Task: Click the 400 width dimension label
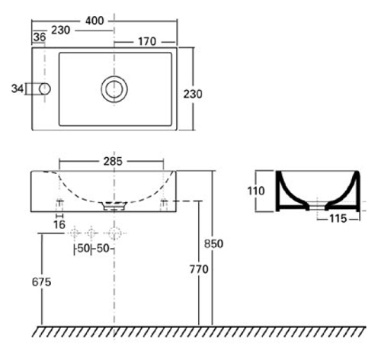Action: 94,21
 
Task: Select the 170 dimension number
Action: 147,41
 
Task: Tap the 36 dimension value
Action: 40,37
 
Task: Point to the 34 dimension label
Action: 18,88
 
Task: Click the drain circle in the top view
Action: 114,89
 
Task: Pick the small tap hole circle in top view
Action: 45,89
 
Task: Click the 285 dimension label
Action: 113,161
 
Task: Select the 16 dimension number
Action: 59,225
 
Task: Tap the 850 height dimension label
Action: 214,244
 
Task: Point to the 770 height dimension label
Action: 199,269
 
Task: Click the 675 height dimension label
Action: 42,282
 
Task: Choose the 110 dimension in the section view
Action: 256,191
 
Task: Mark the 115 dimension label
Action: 338,218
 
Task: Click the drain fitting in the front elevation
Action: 114,206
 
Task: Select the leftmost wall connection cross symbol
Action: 75,233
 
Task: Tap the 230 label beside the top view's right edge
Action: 193,95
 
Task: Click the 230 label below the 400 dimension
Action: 61,31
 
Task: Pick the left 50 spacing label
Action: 83,249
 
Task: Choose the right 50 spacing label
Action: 103,249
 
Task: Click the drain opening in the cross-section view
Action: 317,205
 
